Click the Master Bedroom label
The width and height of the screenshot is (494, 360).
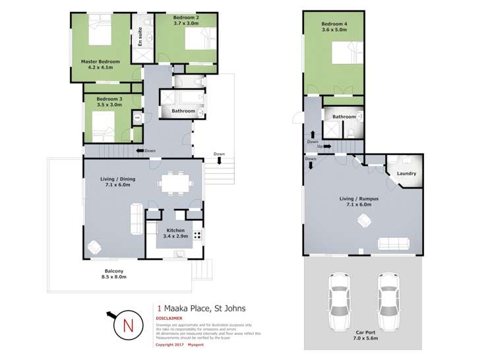(x=100, y=65)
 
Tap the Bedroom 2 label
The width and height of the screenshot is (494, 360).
(x=168, y=20)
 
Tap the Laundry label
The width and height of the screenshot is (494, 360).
(x=406, y=174)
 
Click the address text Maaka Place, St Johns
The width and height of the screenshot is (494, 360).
(x=201, y=307)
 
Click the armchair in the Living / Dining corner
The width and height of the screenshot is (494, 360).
(x=94, y=247)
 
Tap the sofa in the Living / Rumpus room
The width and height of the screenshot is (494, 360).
(x=393, y=243)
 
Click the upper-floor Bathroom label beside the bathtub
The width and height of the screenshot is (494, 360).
(x=183, y=111)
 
